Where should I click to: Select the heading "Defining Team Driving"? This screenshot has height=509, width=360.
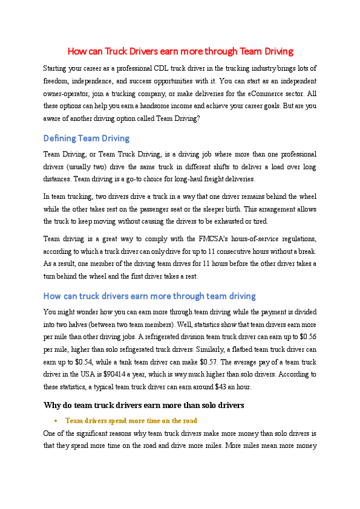87,138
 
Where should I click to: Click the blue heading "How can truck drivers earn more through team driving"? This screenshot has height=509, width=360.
149,296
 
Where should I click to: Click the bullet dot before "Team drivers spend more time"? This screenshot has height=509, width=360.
55,420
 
